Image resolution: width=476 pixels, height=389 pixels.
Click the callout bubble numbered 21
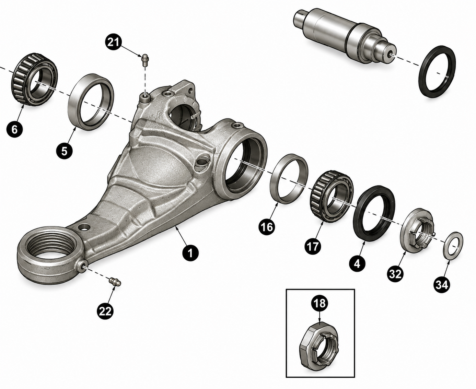click(x=113, y=42)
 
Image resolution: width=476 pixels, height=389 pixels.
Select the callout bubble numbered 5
click(x=64, y=151)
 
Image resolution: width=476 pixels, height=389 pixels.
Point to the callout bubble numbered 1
click(x=190, y=253)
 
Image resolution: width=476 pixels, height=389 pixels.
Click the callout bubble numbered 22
click(x=105, y=311)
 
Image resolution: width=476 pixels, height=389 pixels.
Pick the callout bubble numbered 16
click(x=267, y=227)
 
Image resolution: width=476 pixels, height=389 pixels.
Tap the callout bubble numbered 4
click(x=357, y=263)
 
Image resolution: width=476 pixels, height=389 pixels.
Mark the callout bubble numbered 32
click(x=395, y=274)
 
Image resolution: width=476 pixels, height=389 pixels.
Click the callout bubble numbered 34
click(x=442, y=285)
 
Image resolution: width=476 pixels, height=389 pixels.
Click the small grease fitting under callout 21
click(x=145, y=60)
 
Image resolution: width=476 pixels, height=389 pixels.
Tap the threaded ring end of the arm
click(x=49, y=258)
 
